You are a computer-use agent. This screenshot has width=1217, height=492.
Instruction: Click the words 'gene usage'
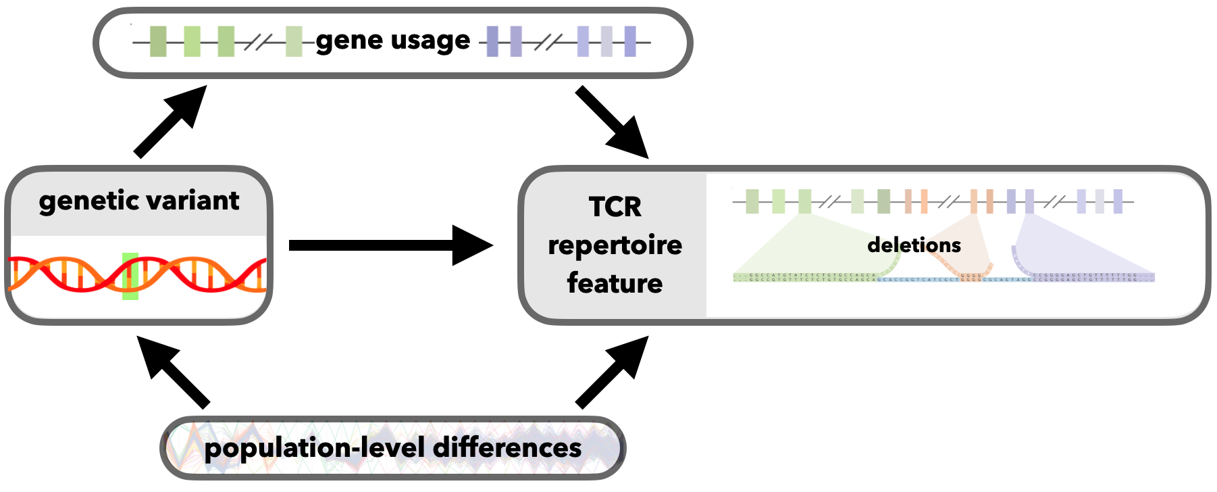[x=392, y=41]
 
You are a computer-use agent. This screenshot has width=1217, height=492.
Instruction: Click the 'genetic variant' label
[x=139, y=201]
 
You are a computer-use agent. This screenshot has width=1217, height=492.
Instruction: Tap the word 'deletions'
[x=914, y=245]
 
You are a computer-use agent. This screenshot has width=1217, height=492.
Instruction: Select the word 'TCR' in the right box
[x=615, y=207]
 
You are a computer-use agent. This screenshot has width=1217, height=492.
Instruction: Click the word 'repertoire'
[x=615, y=245]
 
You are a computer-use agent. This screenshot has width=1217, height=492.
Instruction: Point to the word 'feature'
[x=615, y=282]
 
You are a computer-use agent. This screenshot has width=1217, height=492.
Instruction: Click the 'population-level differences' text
[x=392, y=448]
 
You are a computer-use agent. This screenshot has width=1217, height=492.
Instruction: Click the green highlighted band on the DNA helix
[x=130, y=276]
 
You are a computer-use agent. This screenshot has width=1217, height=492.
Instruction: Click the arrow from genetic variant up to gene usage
[x=169, y=122]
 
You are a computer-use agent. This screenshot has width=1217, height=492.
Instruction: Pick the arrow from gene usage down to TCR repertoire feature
[x=612, y=122]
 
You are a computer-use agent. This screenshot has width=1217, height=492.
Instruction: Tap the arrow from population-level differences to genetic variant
[x=173, y=372]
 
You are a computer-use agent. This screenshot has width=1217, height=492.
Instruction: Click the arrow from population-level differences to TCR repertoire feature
[x=612, y=372]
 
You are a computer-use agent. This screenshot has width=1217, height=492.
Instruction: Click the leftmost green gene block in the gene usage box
[x=158, y=42]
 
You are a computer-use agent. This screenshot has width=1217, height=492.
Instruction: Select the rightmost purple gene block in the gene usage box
[x=630, y=42]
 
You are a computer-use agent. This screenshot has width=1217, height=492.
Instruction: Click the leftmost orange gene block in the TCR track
[x=908, y=201]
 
